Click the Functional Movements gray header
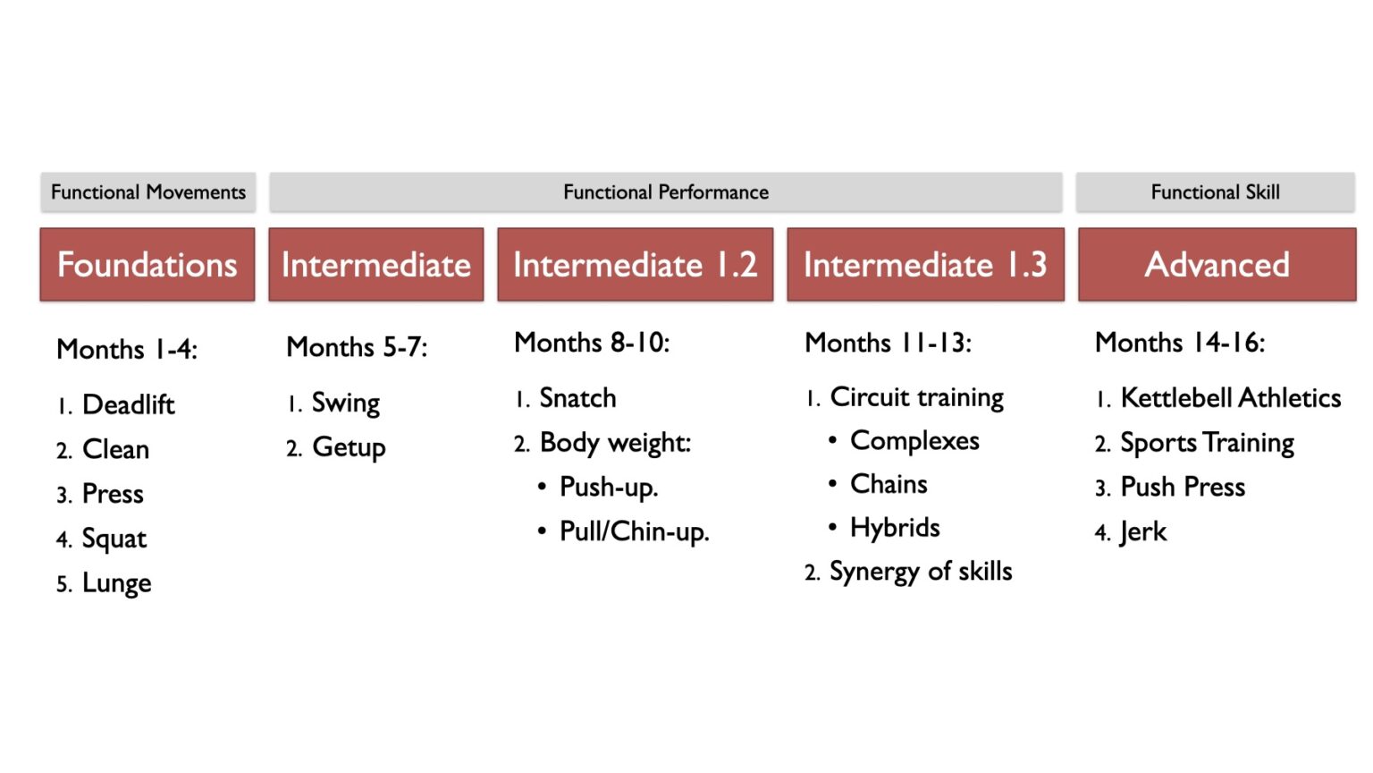pyautogui.click(x=147, y=192)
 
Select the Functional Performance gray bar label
pyautogui.click(x=665, y=192)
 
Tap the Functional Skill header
pyautogui.click(x=1215, y=192)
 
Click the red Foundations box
pyautogui.click(x=147, y=265)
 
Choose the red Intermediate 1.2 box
pyautogui.click(x=635, y=265)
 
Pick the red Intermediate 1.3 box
pyautogui.click(x=925, y=265)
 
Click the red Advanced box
pyautogui.click(x=1217, y=265)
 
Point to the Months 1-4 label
pyautogui.click(x=127, y=349)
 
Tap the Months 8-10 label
pyautogui.click(x=592, y=343)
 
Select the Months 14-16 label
pyautogui.click(x=1180, y=343)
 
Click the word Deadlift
pyautogui.click(x=128, y=405)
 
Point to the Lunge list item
pyautogui.click(x=116, y=583)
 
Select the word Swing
pyautogui.click(x=345, y=403)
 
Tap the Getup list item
pyautogui.click(x=349, y=447)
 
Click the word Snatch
pyautogui.click(x=577, y=398)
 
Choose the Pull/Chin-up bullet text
pyautogui.click(x=634, y=531)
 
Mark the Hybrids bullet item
pyautogui.click(x=895, y=528)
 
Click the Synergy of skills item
pyautogui.click(x=921, y=572)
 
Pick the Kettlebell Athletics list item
pyautogui.click(x=1230, y=398)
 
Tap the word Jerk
pyautogui.click(x=1143, y=532)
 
